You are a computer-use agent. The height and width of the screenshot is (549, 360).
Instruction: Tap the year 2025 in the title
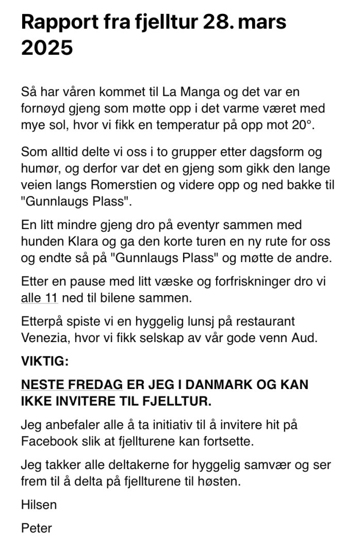[47, 48]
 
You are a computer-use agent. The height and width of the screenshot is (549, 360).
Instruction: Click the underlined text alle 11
[39, 298]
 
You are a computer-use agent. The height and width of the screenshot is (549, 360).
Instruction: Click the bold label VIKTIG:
[44, 362]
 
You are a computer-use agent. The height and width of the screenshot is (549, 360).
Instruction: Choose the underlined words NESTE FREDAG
[72, 385]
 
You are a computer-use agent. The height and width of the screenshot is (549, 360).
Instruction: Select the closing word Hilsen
[39, 505]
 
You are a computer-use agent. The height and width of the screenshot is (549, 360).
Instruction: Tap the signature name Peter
[36, 528]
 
